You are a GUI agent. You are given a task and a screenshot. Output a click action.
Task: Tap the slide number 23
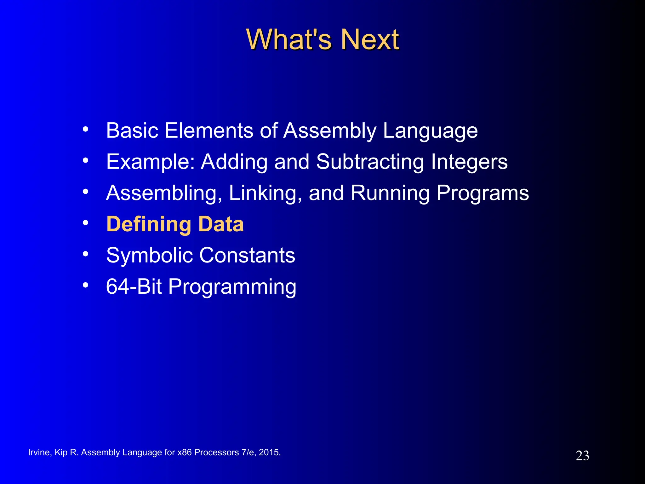point(582,456)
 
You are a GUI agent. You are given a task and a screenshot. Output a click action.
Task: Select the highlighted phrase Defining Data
point(175,224)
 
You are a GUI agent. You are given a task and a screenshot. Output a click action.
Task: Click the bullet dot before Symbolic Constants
point(85,254)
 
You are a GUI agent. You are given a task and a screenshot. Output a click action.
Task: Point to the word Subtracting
point(370,162)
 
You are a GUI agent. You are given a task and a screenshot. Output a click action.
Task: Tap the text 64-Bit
point(134,286)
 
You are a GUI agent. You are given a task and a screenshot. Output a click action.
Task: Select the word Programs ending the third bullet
point(482,193)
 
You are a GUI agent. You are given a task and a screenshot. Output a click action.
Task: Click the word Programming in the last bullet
point(232,287)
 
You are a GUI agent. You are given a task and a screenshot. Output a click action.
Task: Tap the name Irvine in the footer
point(38,452)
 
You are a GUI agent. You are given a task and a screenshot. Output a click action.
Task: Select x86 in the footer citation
point(184,452)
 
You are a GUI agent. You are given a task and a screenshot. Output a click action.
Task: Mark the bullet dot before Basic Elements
point(85,129)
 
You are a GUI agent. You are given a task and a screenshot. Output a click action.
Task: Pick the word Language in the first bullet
point(430,131)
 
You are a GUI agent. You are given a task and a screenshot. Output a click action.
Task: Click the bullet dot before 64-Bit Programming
point(85,285)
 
